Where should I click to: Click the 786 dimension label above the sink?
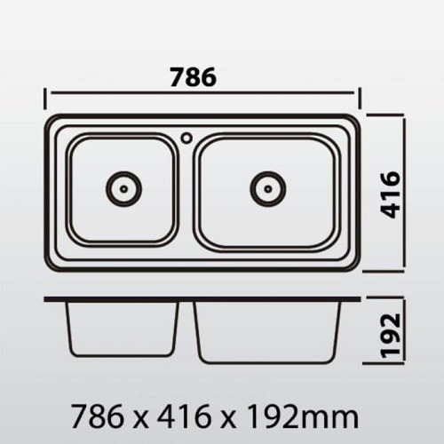click(194, 77)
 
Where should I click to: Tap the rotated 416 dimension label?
click(390, 194)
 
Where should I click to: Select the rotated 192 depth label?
click(391, 336)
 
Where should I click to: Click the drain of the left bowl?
click(123, 188)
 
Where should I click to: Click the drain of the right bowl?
click(268, 188)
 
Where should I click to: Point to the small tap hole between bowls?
click(187, 138)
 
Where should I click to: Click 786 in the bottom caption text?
click(98, 416)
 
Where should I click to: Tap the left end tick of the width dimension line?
click(45, 99)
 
